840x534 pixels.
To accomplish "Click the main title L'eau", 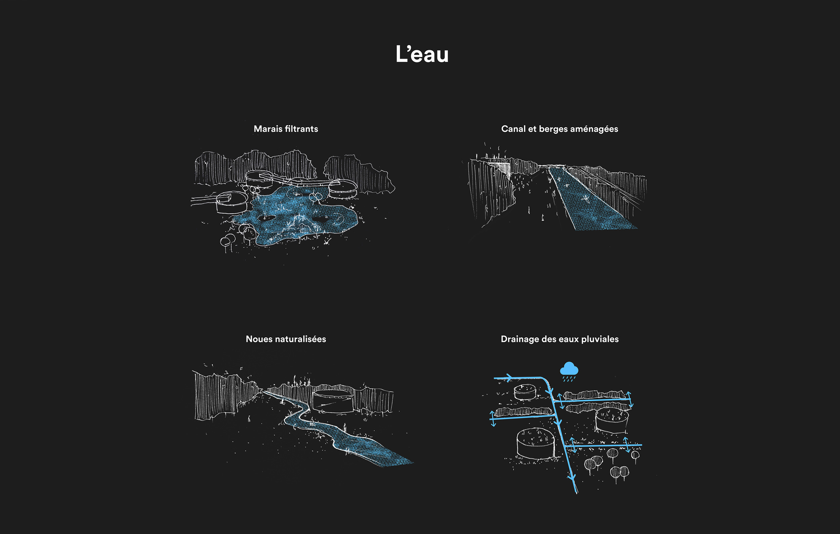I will [422, 54].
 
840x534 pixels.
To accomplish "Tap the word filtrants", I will [301, 129].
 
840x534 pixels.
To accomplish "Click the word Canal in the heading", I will [513, 129].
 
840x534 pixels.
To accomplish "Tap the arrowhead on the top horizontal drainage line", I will [509, 377].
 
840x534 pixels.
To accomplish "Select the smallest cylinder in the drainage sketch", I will [524, 392].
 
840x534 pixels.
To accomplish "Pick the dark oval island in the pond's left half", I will [267, 217].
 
